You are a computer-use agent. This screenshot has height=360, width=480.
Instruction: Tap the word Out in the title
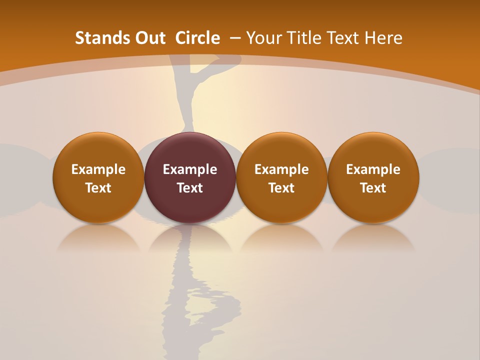(x=149, y=38)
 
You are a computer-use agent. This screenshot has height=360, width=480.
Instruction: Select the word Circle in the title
(x=197, y=38)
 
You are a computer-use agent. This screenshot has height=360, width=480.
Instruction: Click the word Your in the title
(x=263, y=38)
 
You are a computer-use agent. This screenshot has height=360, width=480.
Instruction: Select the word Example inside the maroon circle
(x=190, y=169)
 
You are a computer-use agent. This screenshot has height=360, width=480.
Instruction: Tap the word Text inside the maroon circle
(x=190, y=188)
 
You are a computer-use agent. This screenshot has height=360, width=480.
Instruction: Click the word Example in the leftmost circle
(x=98, y=169)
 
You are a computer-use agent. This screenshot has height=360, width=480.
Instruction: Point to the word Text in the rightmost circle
(x=373, y=188)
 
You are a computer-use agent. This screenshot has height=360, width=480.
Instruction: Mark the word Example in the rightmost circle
(x=373, y=169)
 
